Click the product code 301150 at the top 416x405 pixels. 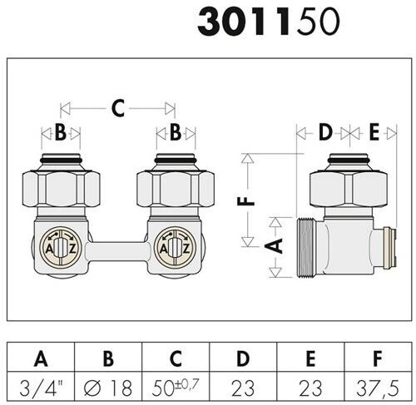(268, 22)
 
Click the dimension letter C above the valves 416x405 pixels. (118, 108)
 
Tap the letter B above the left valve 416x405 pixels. (61, 132)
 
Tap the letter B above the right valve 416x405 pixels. (176, 132)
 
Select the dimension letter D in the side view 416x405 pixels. (325, 132)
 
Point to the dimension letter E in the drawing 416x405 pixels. (374, 132)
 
